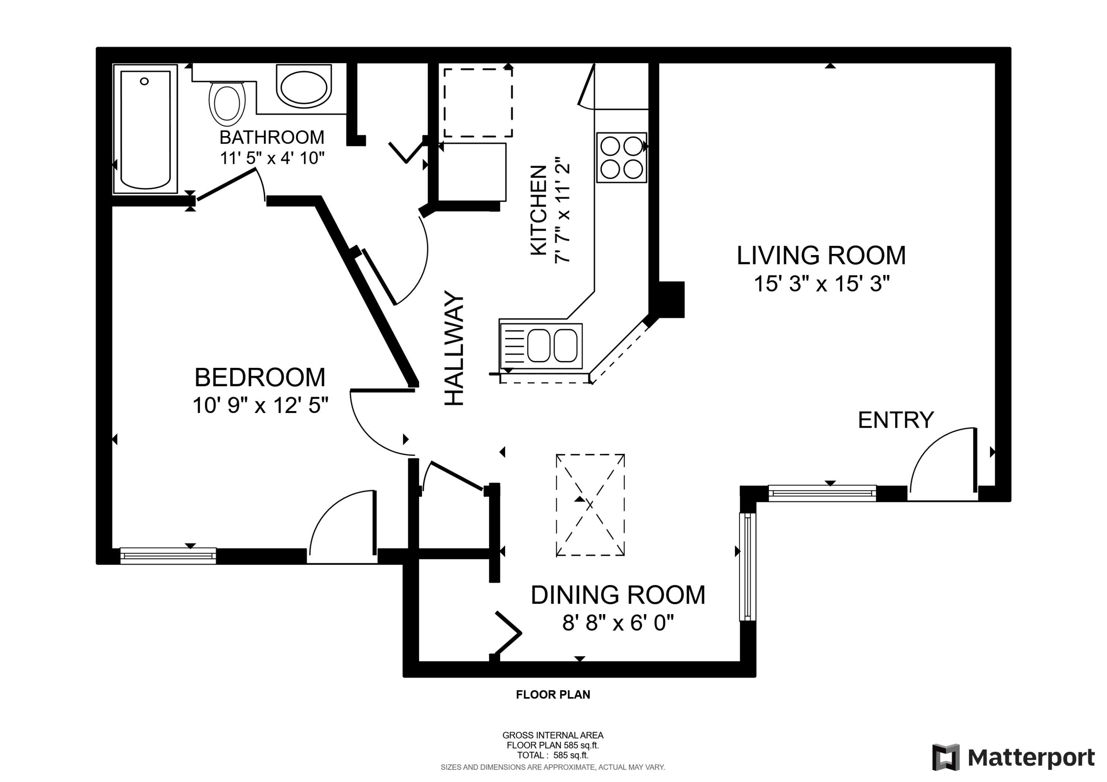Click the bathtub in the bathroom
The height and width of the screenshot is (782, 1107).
pyautogui.click(x=145, y=129)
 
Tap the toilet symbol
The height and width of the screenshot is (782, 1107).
pyautogui.click(x=227, y=102)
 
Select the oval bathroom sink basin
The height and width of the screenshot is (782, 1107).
pyautogui.click(x=304, y=87)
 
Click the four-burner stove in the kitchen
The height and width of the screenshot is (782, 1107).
pyautogui.click(x=621, y=157)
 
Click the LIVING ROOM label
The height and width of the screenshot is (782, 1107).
pyautogui.click(x=821, y=255)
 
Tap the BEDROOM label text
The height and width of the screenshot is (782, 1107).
pyautogui.click(x=260, y=377)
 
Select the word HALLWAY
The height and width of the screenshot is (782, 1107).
pyautogui.click(x=454, y=348)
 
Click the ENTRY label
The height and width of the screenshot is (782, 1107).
pyautogui.click(x=895, y=420)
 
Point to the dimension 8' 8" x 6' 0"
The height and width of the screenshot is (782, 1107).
pyautogui.click(x=618, y=623)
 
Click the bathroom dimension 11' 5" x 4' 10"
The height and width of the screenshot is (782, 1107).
pyautogui.click(x=272, y=158)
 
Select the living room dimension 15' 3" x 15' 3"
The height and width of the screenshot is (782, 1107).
pyautogui.click(x=821, y=283)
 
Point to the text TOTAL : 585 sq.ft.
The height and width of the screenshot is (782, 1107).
pyautogui.click(x=552, y=755)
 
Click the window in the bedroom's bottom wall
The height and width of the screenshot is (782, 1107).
pyautogui.click(x=168, y=555)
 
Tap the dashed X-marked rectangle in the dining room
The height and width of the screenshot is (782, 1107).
pyautogui.click(x=590, y=505)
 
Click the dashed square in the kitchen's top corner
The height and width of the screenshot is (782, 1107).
pyautogui.click(x=477, y=103)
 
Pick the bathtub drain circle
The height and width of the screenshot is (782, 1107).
pyautogui.click(x=144, y=81)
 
